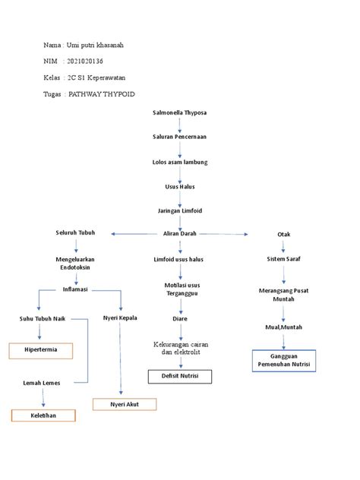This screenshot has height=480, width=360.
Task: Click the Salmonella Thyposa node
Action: (179, 112)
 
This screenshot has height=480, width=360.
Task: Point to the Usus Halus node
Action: (179, 186)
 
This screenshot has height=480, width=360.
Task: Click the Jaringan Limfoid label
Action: (179, 210)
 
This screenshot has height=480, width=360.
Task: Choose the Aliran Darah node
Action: (179, 234)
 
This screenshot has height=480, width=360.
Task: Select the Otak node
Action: (283, 235)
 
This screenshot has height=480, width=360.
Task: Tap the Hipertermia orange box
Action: (39, 351)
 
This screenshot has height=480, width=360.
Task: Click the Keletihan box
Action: (43, 415)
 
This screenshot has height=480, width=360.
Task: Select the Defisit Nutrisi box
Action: (179, 377)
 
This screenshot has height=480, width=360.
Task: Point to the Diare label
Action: (179, 319)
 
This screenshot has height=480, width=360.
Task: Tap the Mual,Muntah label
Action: (283, 328)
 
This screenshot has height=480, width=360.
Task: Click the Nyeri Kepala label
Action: (120, 317)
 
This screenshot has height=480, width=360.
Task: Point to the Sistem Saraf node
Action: (283, 259)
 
